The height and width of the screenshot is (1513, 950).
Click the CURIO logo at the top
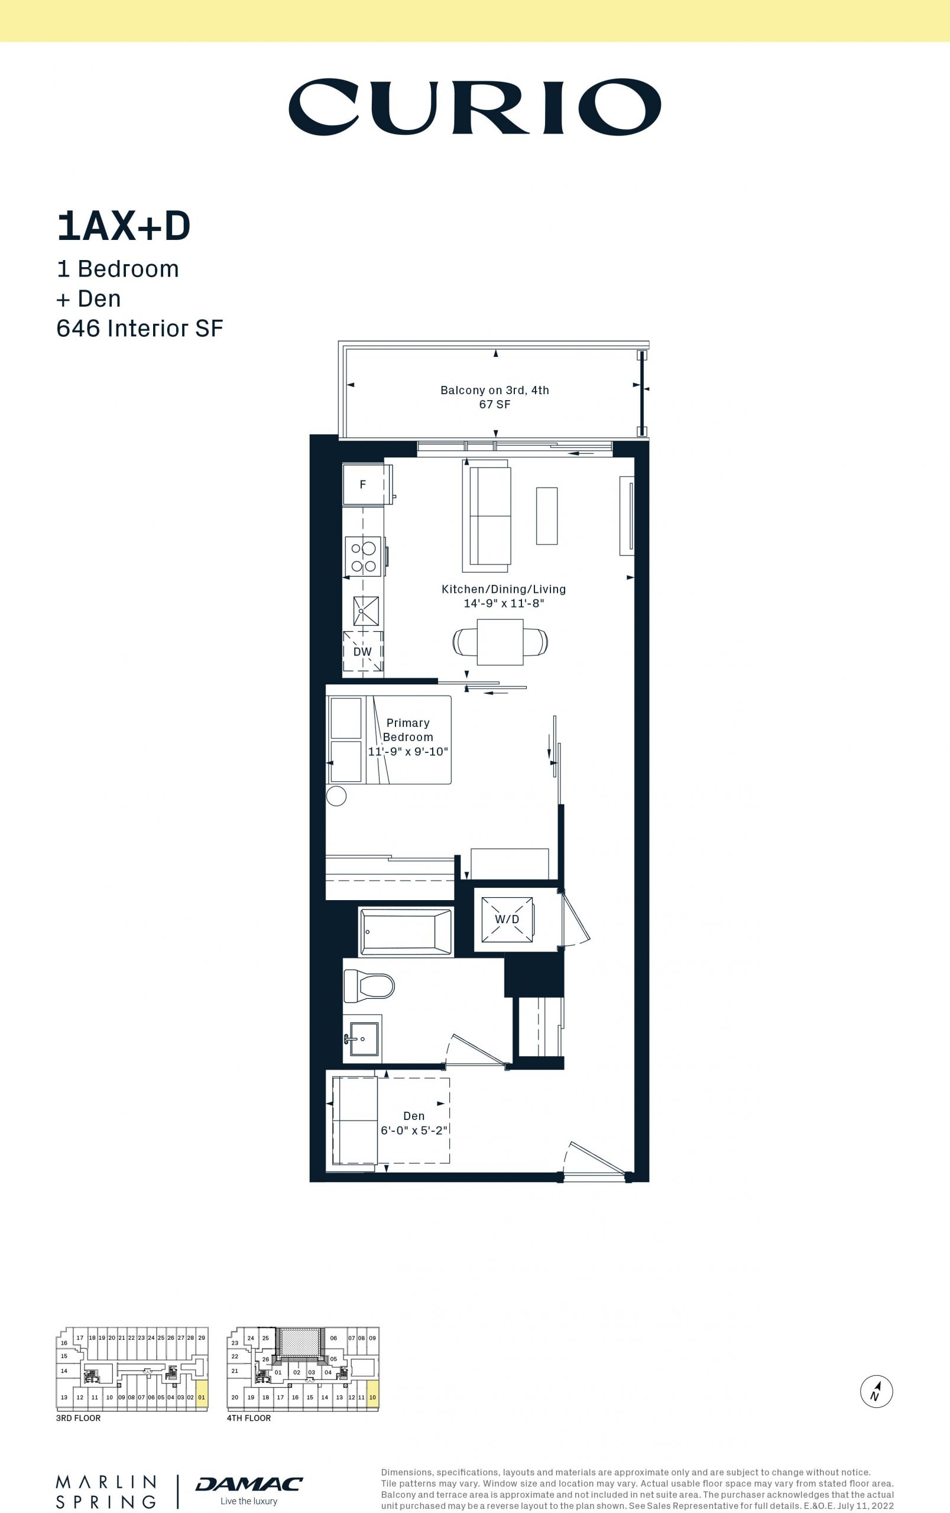click(474, 107)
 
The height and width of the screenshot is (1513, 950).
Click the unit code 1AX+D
click(124, 227)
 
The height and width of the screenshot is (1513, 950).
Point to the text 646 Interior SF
click(140, 328)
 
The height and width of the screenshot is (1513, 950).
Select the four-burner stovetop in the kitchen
click(363, 557)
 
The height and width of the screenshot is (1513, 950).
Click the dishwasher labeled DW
click(362, 651)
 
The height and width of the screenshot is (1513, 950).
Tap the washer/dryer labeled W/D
click(507, 920)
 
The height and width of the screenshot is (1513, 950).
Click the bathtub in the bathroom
click(406, 932)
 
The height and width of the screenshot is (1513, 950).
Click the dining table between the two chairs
click(500, 642)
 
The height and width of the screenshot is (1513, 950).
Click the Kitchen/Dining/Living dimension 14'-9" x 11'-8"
click(504, 603)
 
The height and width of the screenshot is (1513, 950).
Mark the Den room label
click(414, 1116)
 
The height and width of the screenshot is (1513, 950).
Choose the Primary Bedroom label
click(408, 730)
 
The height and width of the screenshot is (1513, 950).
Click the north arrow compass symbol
click(877, 1391)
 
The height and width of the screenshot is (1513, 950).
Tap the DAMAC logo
click(249, 1483)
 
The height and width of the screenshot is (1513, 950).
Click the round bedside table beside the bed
click(337, 796)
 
